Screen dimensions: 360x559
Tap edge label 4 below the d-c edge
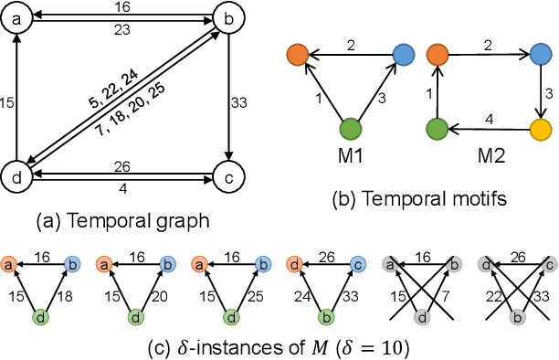[x=122, y=187]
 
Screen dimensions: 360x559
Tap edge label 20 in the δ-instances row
[x=164, y=297]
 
